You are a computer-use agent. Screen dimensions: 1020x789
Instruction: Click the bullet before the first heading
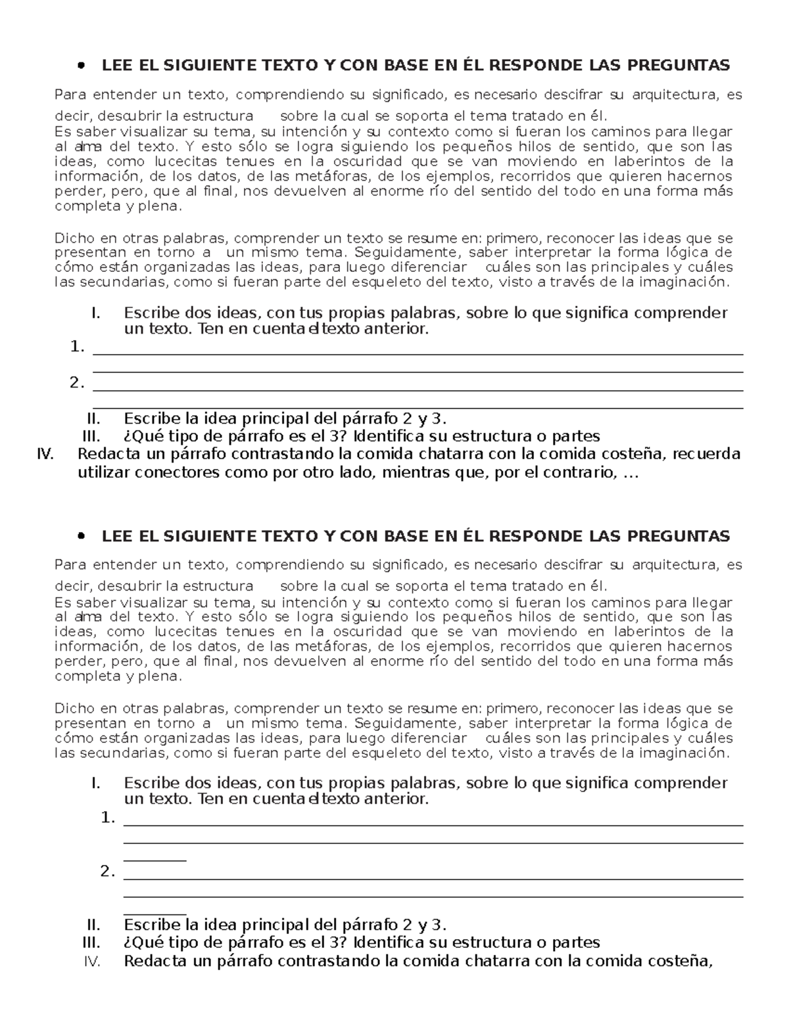(82, 66)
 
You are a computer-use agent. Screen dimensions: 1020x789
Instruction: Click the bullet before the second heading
(82, 537)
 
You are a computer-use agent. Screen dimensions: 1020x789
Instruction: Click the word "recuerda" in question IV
(707, 454)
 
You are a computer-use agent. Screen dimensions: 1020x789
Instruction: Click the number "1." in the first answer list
(78, 347)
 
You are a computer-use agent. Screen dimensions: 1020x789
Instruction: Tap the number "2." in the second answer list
(108, 872)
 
